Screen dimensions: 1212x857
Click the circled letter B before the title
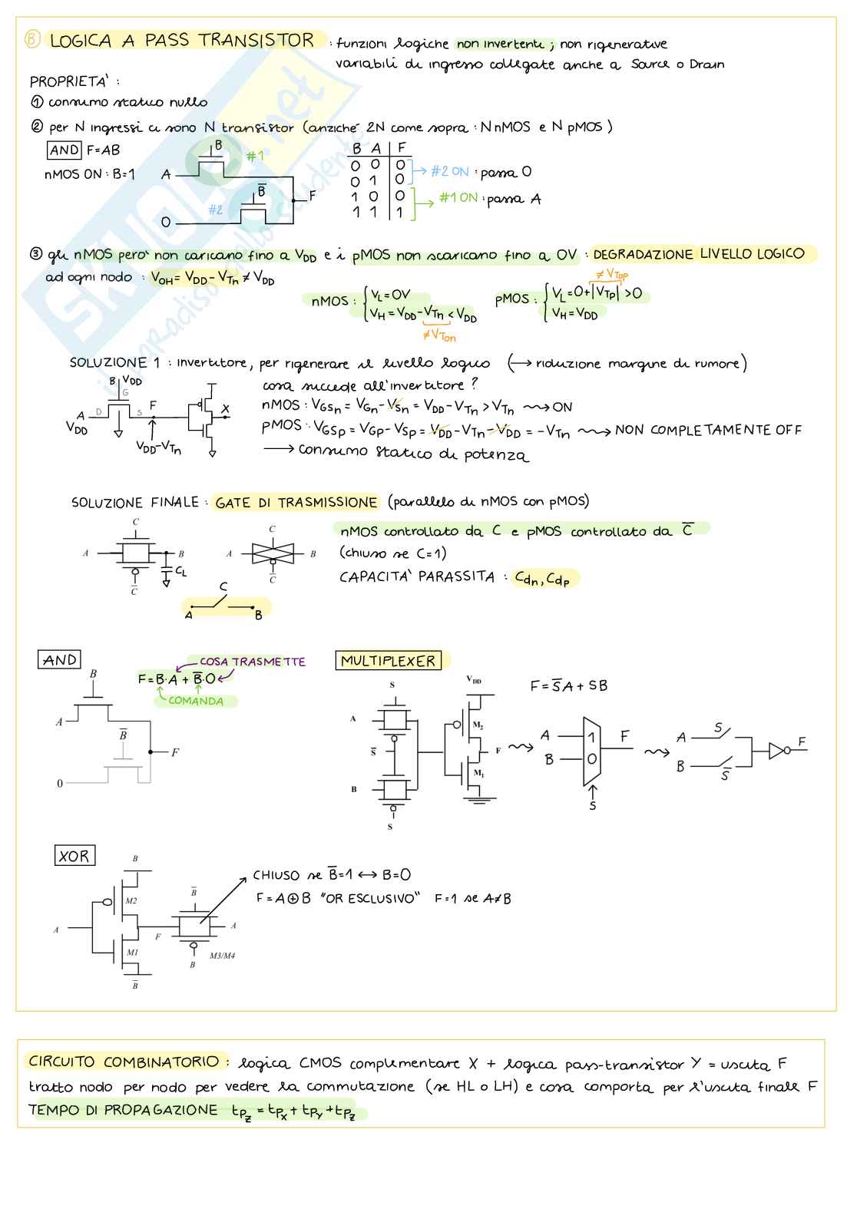coord(31,39)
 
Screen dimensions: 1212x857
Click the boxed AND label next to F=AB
coord(65,150)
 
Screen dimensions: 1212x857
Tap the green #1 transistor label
coord(255,157)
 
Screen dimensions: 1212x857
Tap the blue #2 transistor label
coord(216,210)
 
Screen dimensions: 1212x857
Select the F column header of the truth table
coord(402,148)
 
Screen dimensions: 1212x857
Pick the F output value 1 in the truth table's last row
coord(400,213)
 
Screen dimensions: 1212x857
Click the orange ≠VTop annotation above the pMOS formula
coord(612,274)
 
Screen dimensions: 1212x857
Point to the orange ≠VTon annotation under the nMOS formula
coord(439,335)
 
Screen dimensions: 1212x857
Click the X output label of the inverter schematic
coord(225,410)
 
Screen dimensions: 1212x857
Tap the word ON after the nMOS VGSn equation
coord(562,407)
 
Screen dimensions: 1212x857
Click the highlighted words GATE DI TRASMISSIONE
coord(296,503)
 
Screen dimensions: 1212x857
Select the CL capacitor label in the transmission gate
coord(181,572)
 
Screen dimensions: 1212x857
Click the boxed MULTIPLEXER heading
coord(388,661)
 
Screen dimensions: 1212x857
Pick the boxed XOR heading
coord(74,856)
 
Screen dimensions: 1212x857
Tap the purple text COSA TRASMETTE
coord(252,662)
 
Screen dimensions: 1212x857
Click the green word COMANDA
coord(196,701)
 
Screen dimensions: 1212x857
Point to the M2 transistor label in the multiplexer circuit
coord(478,725)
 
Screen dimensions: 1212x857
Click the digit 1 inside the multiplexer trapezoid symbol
coord(591,737)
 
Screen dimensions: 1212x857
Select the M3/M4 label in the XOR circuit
coord(223,956)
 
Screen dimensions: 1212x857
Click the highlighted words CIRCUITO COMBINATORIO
coord(124,1062)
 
